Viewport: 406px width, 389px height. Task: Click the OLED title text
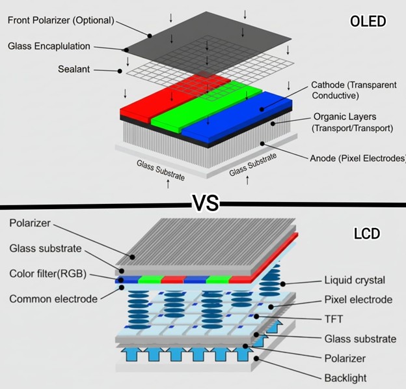(368, 22)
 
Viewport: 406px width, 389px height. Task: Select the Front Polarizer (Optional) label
(61, 20)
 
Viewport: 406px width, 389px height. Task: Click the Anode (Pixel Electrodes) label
(357, 158)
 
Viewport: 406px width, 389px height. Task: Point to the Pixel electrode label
(358, 300)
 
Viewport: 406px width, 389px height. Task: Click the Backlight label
(345, 378)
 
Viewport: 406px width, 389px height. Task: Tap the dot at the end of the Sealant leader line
(119, 70)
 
